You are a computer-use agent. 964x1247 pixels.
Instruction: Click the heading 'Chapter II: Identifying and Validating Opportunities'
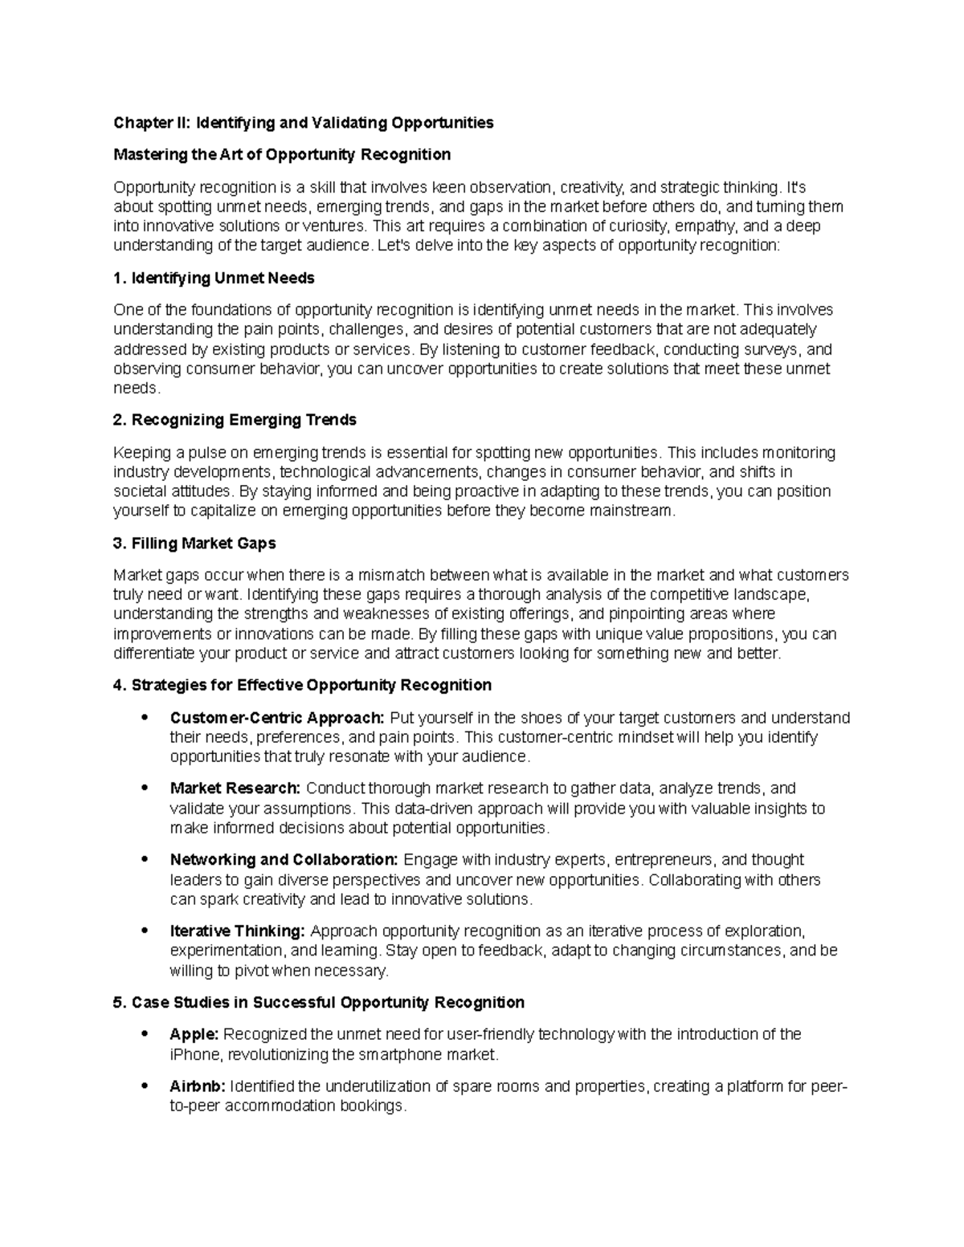click(x=303, y=123)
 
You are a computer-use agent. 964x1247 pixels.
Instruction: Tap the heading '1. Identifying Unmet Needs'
click(x=214, y=278)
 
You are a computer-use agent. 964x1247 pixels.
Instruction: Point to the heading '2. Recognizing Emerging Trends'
click(x=235, y=420)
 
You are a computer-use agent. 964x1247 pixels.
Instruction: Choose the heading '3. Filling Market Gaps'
click(x=194, y=544)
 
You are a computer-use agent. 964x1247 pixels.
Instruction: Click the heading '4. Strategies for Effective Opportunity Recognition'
click(x=302, y=685)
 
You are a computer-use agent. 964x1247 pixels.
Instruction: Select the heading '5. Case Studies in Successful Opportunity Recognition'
click(x=319, y=1002)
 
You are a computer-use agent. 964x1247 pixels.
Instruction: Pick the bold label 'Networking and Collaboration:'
click(x=284, y=860)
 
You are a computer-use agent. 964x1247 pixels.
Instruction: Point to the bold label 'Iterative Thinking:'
click(x=237, y=931)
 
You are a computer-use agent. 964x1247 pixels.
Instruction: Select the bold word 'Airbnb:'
click(x=198, y=1086)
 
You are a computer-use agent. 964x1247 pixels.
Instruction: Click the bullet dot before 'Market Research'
click(x=145, y=789)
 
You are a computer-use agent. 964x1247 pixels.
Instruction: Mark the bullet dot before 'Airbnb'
click(x=145, y=1086)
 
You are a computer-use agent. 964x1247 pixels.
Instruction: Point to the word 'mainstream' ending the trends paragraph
click(x=632, y=511)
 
